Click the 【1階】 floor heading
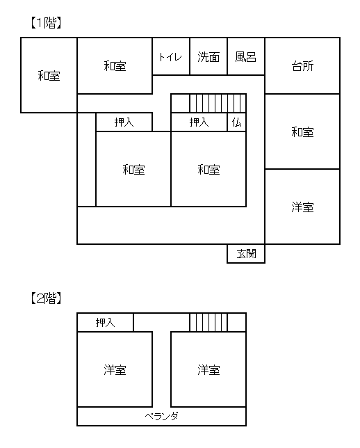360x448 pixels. click(x=46, y=23)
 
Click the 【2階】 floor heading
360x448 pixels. click(x=46, y=298)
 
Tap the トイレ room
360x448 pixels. click(x=171, y=56)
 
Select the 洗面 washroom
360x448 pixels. click(x=208, y=56)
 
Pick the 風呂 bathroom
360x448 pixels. click(x=246, y=56)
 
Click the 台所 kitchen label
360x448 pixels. click(x=302, y=66)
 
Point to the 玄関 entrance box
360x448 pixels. click(x=246, y=254)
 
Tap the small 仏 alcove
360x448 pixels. click(x=237, y=122)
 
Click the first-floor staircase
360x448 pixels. click(x=218, y=103)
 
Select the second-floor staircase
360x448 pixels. click(x=208, y=322)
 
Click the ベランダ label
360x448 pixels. click(x=162, y=416)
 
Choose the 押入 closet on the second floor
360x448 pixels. click(x=106, y=322)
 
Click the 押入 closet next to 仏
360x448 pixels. click(x=199, y=122)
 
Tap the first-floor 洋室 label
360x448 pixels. click(x=302, y=207)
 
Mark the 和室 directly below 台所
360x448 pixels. click(x=302, y=131)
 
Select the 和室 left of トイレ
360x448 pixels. click(x=115, y=65)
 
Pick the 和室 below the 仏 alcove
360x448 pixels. click(x=208, y=169)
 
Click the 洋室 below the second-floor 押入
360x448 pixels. click(x=115, y=369)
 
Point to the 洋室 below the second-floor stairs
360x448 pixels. click(x=208, y=369)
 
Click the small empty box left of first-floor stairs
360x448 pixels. click(x=181, y=103)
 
